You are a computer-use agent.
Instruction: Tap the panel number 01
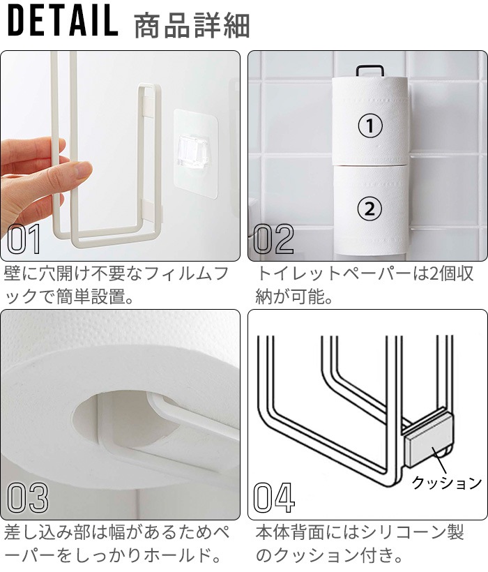click(x=24, y=240)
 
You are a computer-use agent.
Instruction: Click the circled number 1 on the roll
click(x=370, y=126)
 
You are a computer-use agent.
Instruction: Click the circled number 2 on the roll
click(x=370, y=207)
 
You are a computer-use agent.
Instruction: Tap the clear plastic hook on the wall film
click(x=193, y=151)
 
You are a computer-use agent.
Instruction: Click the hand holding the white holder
click(x=35, y=174)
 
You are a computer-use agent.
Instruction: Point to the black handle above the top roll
click(x=370, y=69)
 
